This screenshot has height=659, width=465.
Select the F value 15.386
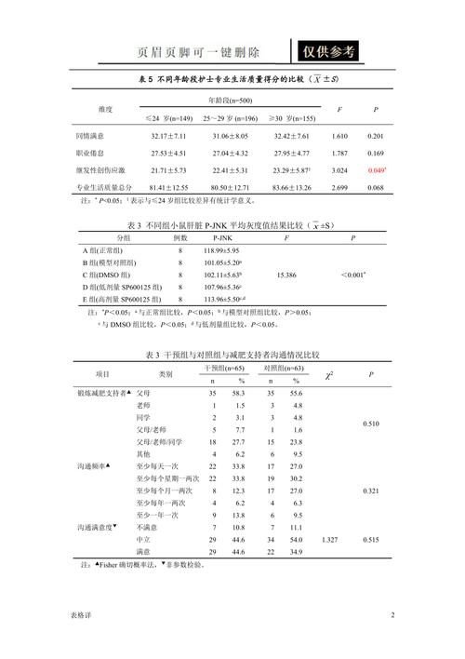pos(286,276)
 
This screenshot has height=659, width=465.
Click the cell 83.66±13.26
pos(291,188)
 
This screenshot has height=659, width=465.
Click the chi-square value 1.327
pos(328,540)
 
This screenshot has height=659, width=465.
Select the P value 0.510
pos(372,424)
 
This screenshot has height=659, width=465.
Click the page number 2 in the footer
pos(392,615)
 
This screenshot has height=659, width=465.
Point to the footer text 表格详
pos(81,616)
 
